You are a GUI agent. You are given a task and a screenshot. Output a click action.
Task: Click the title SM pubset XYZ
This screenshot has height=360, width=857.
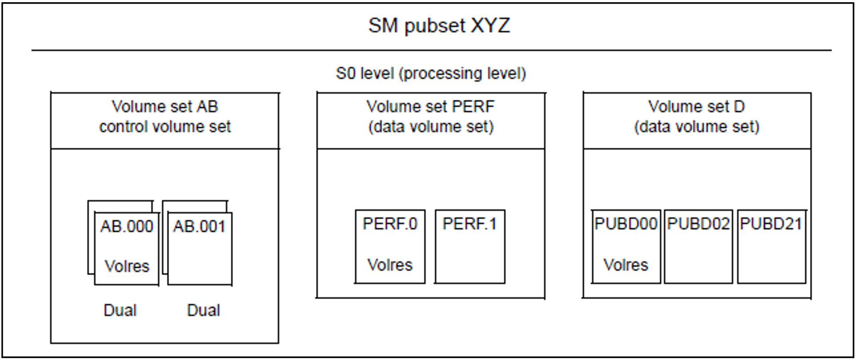click(439, 26)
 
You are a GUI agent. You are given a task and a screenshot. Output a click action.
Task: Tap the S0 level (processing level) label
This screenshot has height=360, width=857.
click(430, 73)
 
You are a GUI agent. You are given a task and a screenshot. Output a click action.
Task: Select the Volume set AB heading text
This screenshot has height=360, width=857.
click(165, 107)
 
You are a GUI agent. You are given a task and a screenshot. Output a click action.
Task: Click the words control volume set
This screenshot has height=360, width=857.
click(165, 127)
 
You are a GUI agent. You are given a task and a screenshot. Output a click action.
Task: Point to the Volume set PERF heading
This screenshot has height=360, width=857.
click(430, 107)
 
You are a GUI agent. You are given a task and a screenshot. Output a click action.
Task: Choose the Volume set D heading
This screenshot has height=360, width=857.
click(696, 107)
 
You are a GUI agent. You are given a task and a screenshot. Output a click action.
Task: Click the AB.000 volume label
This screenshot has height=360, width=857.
click(126, 227)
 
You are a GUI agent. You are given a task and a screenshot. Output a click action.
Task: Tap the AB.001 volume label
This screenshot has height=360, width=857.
click(199, 227)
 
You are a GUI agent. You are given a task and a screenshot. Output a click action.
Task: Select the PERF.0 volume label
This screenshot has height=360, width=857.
click(390, 224)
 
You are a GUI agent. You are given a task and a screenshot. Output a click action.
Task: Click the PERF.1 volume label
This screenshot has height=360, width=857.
click(470, 224)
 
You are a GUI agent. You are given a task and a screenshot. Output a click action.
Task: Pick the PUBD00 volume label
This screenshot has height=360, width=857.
click(625, 224)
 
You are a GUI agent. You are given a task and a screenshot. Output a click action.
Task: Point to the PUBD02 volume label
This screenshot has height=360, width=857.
click(698, 224)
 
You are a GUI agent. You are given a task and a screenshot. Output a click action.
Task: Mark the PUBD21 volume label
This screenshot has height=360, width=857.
click(771, 224)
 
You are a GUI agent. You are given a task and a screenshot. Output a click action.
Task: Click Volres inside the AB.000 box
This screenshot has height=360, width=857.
click(126, 266)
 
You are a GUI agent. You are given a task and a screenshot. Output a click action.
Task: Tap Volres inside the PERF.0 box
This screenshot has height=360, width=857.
click(390, 265)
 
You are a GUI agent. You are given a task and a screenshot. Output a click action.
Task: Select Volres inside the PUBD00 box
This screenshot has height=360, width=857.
click(625, 265)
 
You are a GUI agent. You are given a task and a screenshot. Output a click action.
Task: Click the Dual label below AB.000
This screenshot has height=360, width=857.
click(120, 310)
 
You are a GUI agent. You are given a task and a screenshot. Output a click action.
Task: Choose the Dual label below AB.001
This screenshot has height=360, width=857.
click(203, 310)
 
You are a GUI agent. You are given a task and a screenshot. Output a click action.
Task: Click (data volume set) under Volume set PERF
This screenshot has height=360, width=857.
click(430, 127)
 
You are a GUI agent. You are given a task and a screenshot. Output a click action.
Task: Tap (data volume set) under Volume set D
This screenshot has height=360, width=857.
click(696, 127)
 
